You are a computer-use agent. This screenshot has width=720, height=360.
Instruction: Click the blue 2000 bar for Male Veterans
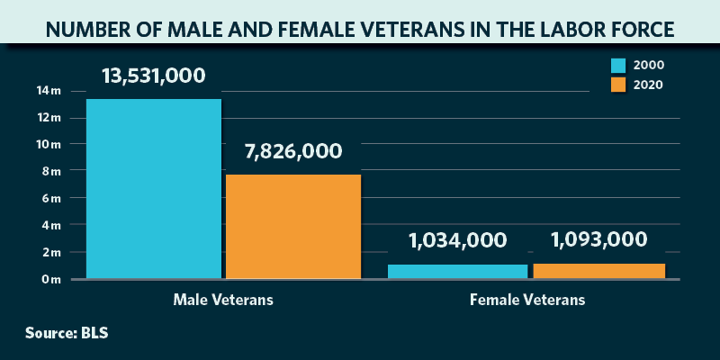153,189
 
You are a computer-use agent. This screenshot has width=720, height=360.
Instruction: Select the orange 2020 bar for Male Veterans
292,226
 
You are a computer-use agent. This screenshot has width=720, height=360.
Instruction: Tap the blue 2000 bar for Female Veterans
457,271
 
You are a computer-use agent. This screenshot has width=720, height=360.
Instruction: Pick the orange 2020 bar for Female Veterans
598,271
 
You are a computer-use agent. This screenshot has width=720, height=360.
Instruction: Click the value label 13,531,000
154,75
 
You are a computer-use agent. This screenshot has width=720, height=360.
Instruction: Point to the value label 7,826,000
292,151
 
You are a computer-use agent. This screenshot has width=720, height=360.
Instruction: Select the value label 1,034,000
457,240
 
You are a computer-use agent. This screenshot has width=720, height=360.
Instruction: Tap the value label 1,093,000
598,240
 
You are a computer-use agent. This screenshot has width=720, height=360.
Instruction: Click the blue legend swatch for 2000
618,66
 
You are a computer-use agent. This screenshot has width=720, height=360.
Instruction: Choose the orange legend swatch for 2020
618,85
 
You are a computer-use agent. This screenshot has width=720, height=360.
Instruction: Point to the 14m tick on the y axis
49,91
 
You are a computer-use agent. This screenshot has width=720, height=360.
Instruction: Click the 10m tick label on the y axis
49,144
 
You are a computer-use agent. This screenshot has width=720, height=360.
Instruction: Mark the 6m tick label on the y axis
50,198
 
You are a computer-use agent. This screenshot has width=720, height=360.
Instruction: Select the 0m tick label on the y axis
50,279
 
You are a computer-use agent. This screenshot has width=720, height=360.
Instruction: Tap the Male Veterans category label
223,300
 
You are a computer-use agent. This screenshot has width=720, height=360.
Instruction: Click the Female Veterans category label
527,300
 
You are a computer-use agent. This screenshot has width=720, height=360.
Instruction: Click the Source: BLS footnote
67,333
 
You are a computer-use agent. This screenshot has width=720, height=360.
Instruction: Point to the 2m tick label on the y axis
50,252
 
